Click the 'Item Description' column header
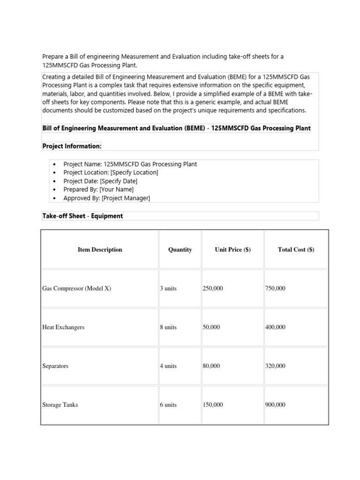pyautogui.click(x=99, y=250)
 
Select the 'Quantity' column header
pyautogui.click(x=180, y=250)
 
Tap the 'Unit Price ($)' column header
pyautogui.click(x=232, y=250)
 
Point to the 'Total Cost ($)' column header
pyautogui.click(x=296, y=250)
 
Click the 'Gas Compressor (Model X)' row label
pyautogui.click(x=76, y=289)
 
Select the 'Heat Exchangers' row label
pyautogui.click(x=63, y=327)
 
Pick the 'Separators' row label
pyautogui.click(x=55, y=366)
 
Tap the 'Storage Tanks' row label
pyautogui.click(x=60, y=405)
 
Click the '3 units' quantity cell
pyautogui.click(x=168, y=289)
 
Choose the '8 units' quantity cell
pyautogui.click(x=168, y=327)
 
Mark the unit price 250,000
pyautogui.click(x=213, y=289)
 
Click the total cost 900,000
pyautogui.click(x=275, y=405)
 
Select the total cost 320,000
pyautogui.click(x=275, y=366)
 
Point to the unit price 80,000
pyautogui.click(x=211, y=366)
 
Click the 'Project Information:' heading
pyautogui.click(x=72, y=146)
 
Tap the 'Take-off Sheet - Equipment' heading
pyautogui.click(x=82, y=216)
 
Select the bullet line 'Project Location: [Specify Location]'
pyautogui.click(x=111, y=172)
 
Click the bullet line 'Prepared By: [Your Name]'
pyautogui.click(x=98, y=189)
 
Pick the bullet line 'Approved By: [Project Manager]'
pyautogui.click(x=107, y=198)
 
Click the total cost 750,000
pyautogui.click(x=275, y=289)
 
